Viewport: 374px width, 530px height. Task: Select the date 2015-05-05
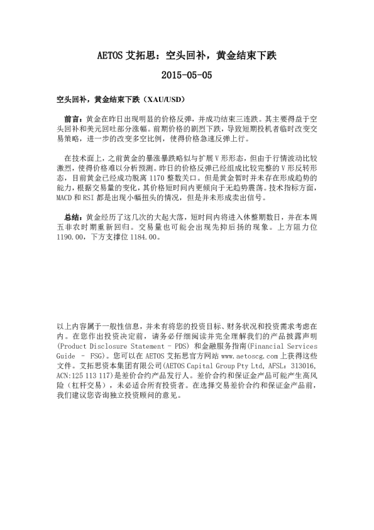(187, 75)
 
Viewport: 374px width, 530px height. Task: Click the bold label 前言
(73, 118)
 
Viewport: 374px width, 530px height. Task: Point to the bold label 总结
(73, 198)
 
